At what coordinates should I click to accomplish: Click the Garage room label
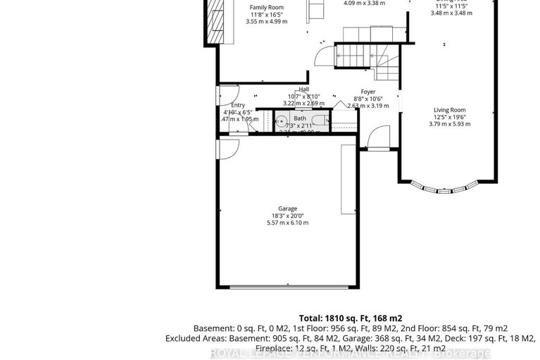(x=287, y=209)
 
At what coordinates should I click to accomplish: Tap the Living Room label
(x=449, y=110)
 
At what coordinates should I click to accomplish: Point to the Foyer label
(x=368, y=92)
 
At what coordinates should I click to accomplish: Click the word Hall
(x=303, y=89)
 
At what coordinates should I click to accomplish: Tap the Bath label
(x=300, y=118)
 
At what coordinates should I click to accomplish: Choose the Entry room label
(x=238, y=105)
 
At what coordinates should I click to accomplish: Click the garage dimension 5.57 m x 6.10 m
(x=287, y=223)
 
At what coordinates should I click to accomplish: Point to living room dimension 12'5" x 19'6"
(x=449, y=117)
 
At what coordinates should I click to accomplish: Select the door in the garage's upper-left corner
(x=228, y=149)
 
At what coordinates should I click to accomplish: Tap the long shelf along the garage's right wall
(x=348, y=179)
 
